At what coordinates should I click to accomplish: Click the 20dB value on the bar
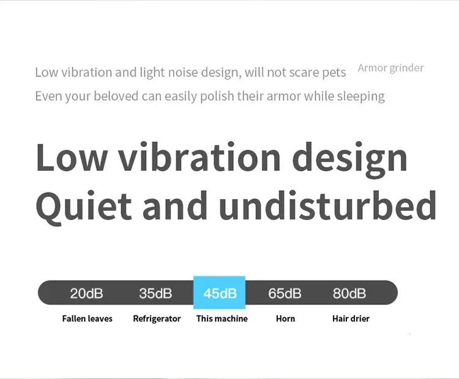click(87, 293)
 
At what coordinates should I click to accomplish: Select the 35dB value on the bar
click(155, 293)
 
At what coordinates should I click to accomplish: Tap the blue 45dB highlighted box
click(219, 292)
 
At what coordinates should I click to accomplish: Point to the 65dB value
click(285, 293)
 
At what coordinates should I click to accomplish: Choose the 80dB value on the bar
click(349, 293)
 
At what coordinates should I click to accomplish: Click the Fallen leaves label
click(88, 318)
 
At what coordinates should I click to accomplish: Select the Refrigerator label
click(157, 318)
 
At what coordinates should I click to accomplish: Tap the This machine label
click(222, 318)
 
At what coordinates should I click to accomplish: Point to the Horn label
click(285, 318)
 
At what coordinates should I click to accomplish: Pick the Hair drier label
click(351, 318)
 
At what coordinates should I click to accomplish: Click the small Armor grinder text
click(391, 68)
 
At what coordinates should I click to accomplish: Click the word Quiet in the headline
click(84, 206)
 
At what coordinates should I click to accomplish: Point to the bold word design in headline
click(350, 160)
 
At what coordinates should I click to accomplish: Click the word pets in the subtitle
click(334, 73)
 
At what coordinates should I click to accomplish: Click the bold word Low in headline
click(72, 156)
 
